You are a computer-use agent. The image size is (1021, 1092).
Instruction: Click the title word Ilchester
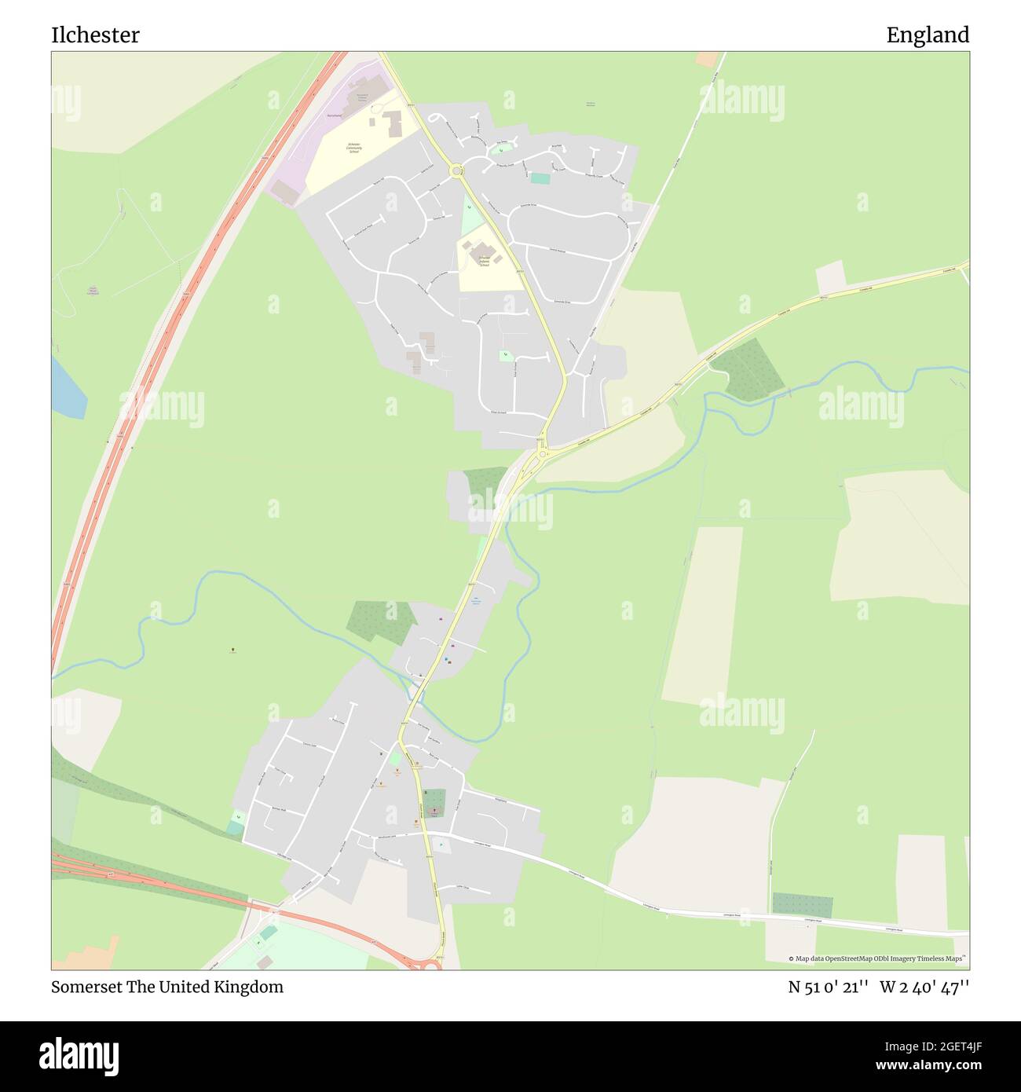click(95, 35)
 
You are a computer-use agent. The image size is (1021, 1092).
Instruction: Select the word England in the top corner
click(928, 35)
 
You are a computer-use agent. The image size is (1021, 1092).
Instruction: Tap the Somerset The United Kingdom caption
click(167, 987)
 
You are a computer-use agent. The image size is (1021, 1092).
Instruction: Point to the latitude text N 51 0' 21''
click(828, 987)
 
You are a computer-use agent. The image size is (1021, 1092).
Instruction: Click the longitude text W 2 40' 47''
click(924, 987)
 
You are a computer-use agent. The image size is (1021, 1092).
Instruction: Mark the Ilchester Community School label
click(354, 146)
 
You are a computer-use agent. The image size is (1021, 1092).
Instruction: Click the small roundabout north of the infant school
click(456, 170)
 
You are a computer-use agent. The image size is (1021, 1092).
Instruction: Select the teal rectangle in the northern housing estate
click(540, 178)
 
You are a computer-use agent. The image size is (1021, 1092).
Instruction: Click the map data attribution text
click(877, 958)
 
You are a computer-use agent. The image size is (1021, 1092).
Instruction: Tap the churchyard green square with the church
click(434, 802)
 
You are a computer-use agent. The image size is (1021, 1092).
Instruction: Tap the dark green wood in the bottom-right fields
click(802, 905)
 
